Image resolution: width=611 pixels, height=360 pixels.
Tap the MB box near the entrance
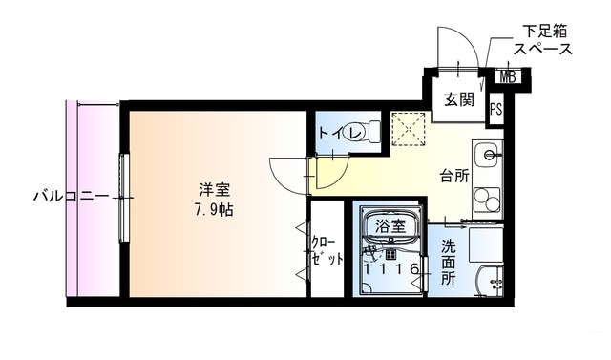[507, 77]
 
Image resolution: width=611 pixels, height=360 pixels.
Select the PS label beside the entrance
[495, 109]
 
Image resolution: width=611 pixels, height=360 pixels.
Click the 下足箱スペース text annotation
[542, 39]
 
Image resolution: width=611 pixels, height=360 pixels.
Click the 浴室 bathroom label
[390, 226]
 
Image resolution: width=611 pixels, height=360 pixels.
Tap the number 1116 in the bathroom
[390, 270]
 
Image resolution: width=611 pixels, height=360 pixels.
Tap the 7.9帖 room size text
[214, 209]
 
